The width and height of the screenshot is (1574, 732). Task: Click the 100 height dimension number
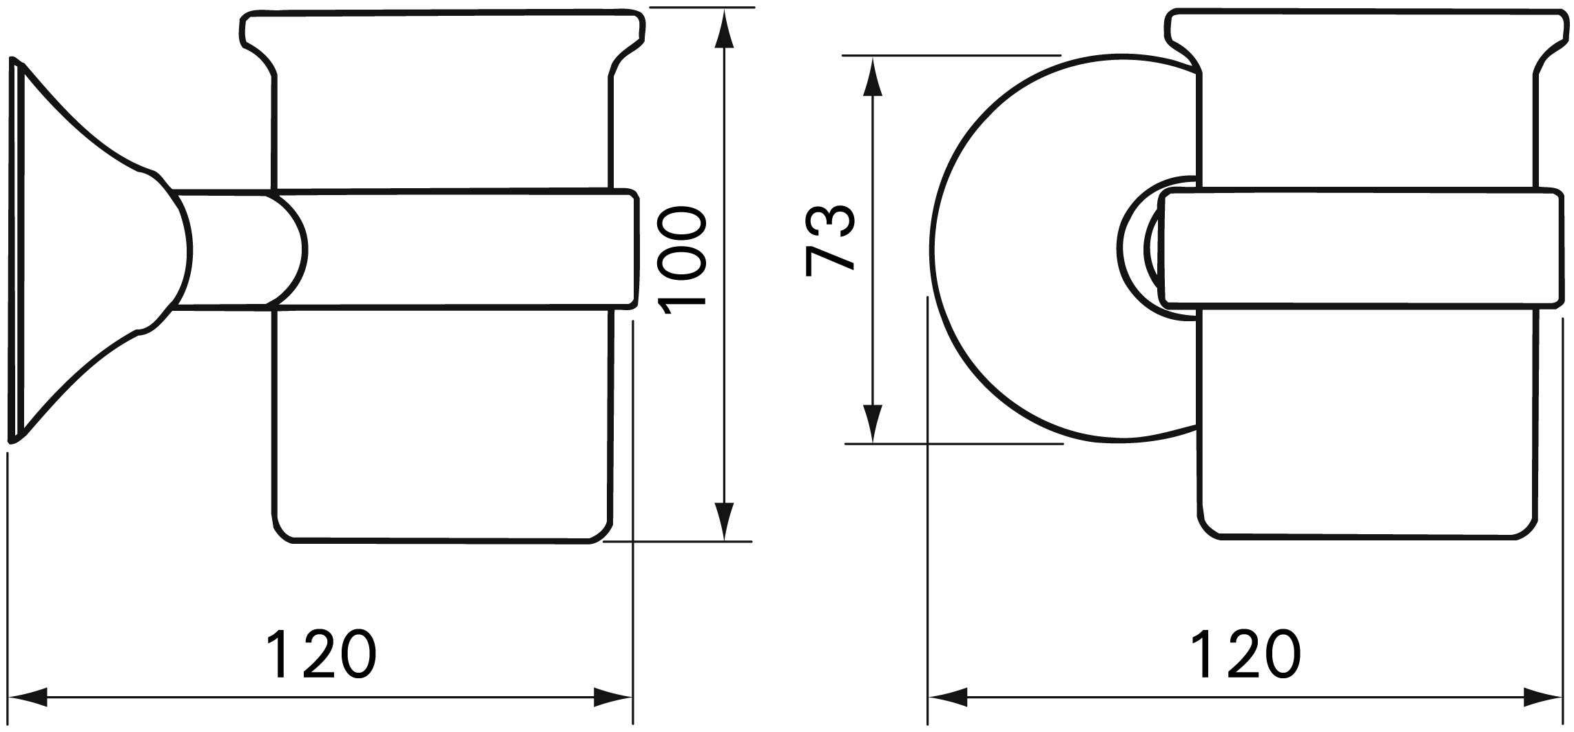coord(681,261)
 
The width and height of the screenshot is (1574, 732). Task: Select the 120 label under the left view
coord(322,654)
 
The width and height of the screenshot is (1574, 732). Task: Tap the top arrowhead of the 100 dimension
coord(721,29)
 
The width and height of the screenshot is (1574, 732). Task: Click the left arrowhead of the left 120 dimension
coord(28,697)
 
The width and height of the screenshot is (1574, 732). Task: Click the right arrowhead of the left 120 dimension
coord(612,697)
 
